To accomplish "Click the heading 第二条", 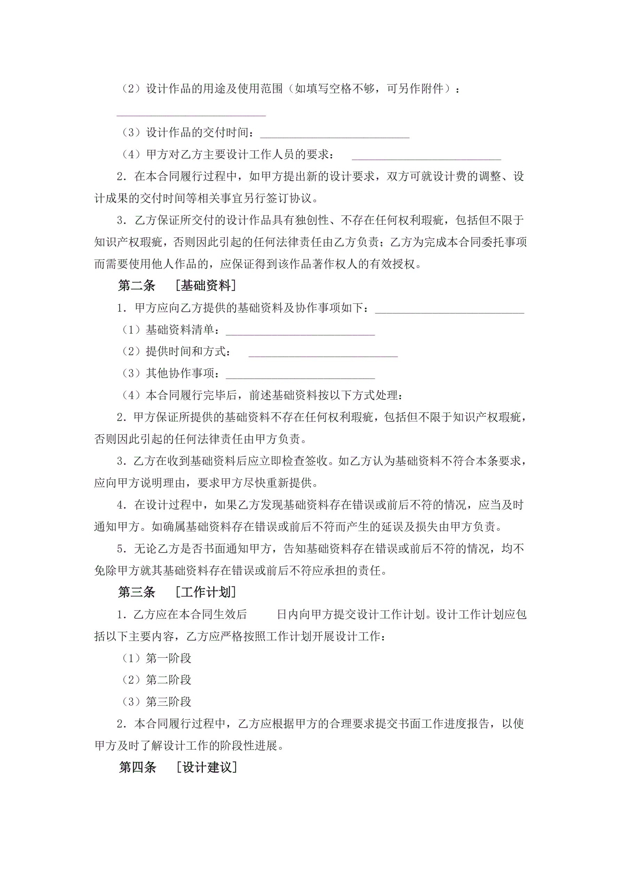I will pyautogui.click(x=136, y=286).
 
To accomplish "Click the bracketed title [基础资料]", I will pyautogui.click(x=205, y=286).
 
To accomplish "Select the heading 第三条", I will pyautogui.click(x=136, y=592).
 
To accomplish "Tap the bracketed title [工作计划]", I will pyautogui.click(x=205, y=592).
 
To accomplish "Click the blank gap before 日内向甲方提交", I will pyautogui.click(x=262, y=615).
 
